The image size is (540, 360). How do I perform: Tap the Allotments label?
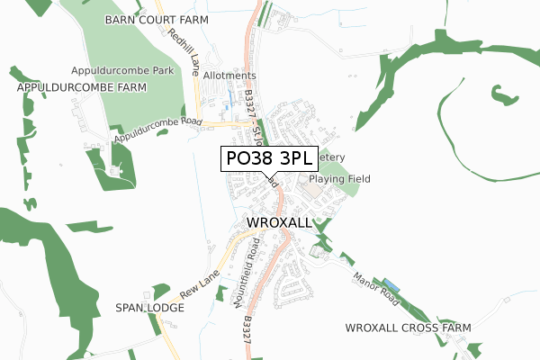pos(229,76)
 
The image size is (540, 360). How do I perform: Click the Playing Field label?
pos(342,179)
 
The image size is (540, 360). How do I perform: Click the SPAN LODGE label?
pos(149,308)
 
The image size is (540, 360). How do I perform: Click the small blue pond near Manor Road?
pos(389,283)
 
